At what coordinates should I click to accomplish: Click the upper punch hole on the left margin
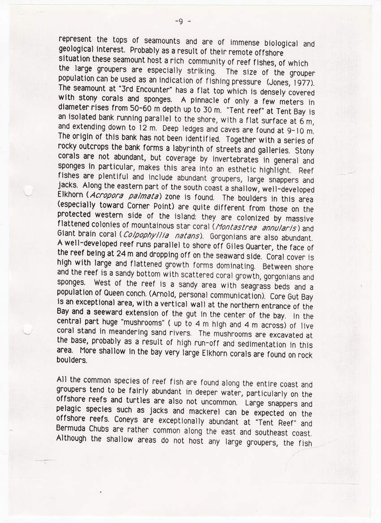(x=28, y=192)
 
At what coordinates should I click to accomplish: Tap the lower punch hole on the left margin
(x=28, y=330)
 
